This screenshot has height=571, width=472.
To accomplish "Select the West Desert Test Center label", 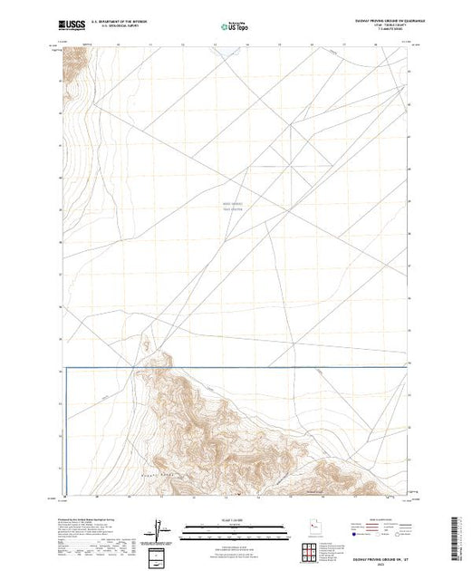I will click(234, 208).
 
